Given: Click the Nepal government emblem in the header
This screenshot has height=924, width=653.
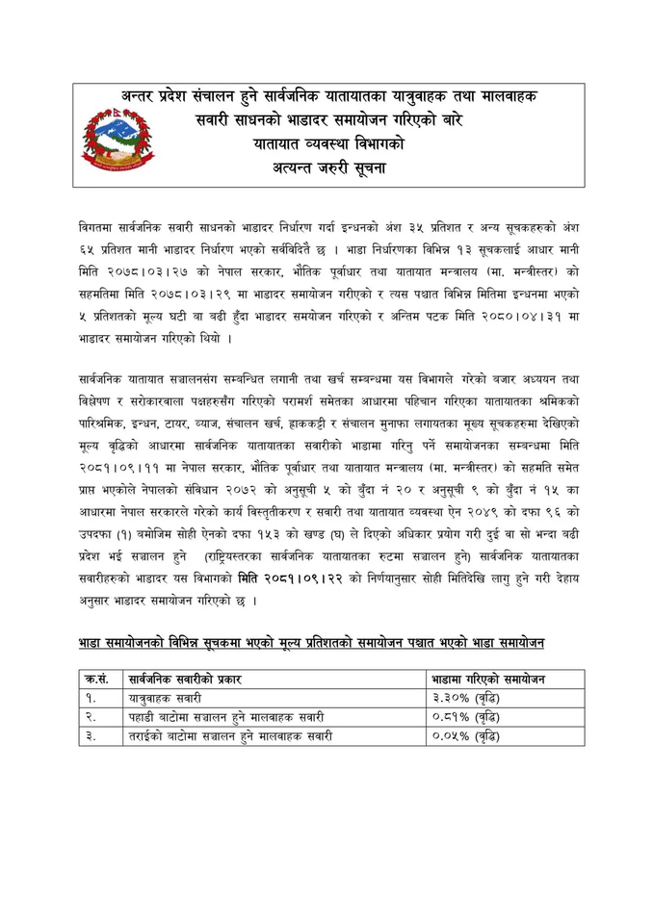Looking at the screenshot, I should tap(117, 139).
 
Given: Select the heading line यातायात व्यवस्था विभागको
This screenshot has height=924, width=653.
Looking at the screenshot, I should tap(327, 144).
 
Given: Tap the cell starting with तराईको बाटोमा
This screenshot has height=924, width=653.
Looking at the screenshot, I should tap(231, 735).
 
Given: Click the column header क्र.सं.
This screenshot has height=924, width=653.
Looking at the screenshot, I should tap(96, 680).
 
